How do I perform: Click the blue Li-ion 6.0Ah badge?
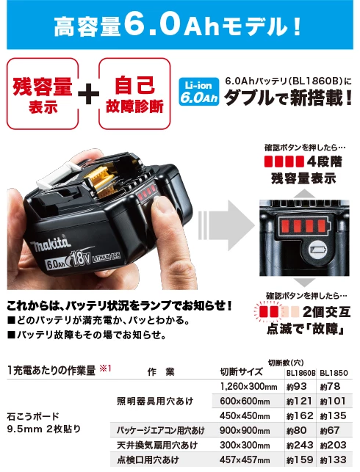[199, 92]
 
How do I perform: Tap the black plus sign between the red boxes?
[89, 94]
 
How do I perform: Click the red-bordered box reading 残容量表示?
[43, 94]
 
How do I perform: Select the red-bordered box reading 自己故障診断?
[134, 94]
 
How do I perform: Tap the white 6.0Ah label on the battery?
[57, 264]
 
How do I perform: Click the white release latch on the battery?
[57, 178]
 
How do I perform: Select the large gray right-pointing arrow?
[226, 225]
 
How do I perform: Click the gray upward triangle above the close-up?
[304, 194]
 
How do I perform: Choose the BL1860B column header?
[300, 373]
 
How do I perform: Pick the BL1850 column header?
[334, 373]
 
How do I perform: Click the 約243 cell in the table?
[300, 445]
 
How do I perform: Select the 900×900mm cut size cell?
[245, 430]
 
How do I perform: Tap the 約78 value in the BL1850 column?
[330, 387]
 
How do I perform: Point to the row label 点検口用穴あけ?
[148, 460]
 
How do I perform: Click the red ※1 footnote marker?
[105, 368]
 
